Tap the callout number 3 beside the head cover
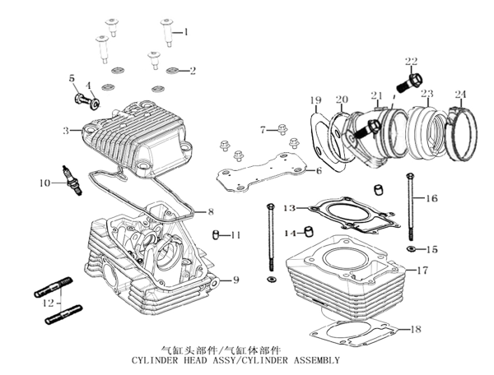(x=66, y=131)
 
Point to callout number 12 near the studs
(x=49, y=304)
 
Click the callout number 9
(x=235, y=280)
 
